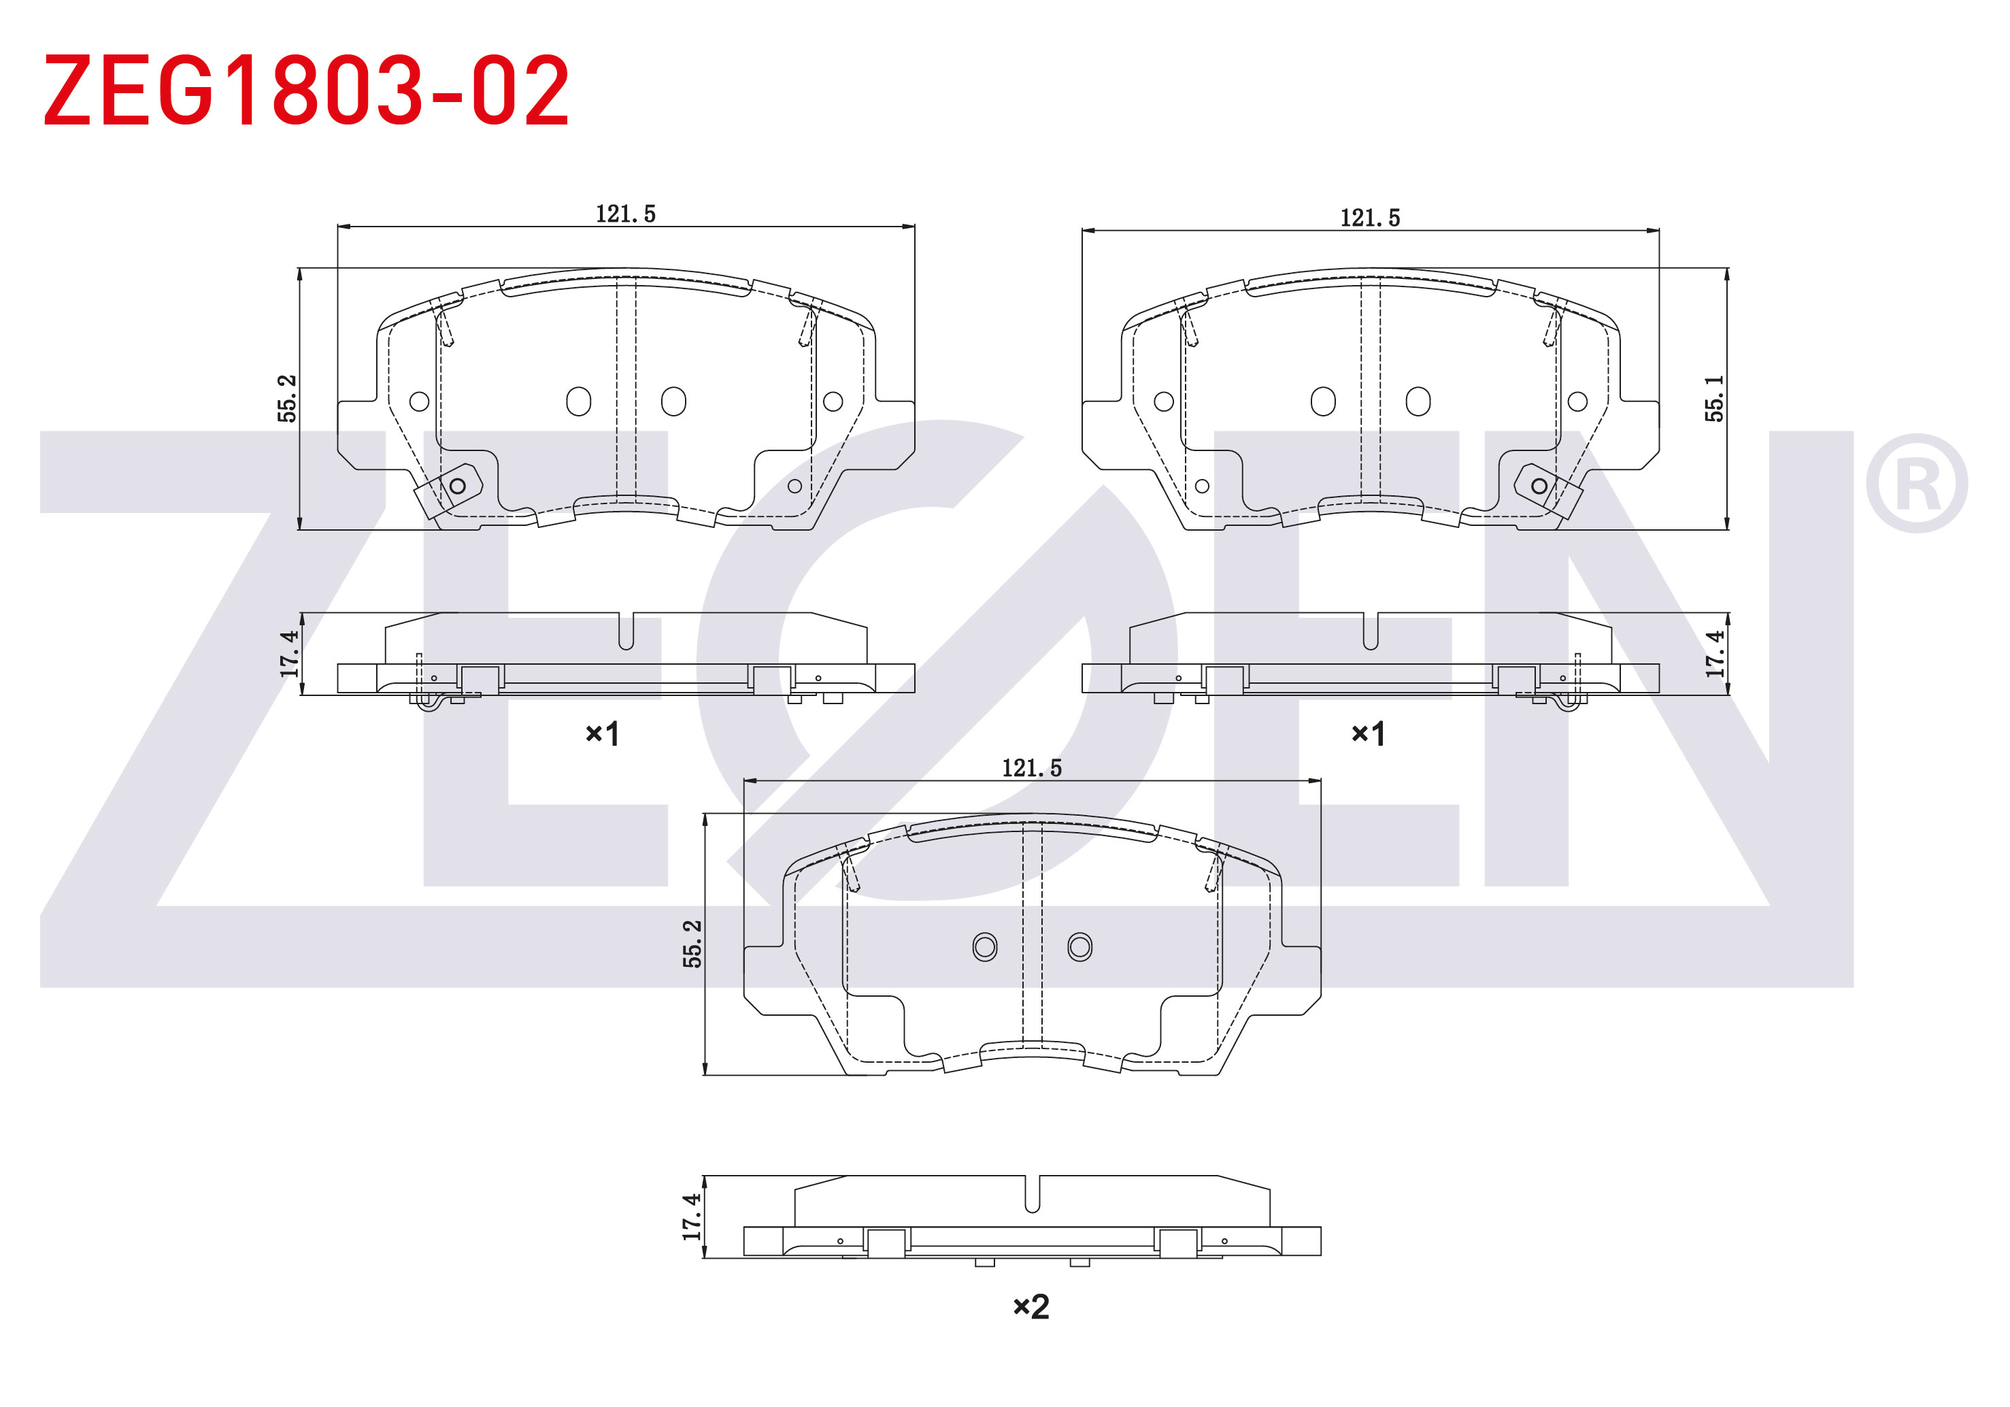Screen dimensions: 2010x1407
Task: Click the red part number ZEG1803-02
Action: click(306, 90)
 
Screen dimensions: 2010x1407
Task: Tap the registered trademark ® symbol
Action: click(1917, 482)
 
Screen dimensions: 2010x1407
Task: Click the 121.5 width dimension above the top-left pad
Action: click(625, 214)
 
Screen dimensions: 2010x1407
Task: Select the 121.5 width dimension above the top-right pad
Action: click(1370, 217)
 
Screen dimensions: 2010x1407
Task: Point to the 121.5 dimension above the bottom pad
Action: click(1031, 768)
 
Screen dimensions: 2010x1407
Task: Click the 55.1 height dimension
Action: click(1714, 399)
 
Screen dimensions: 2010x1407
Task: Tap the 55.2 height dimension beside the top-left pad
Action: click(287, 399)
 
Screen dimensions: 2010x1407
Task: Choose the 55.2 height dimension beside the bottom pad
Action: click(692, 943)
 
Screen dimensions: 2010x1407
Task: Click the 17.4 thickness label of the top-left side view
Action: click(289, 653)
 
